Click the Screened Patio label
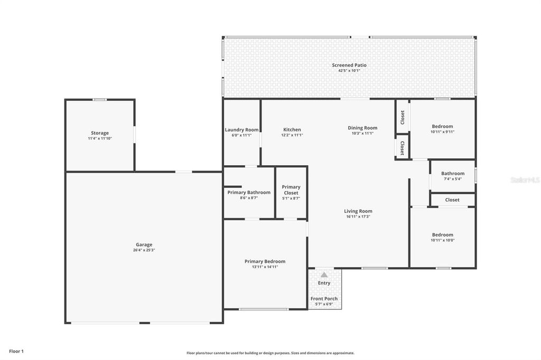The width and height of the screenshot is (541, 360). tap(349, 65)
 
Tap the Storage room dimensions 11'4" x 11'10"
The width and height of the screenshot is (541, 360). tap(100, 139)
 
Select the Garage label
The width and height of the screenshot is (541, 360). tap(144, 244)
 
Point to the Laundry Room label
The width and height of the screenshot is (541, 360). tap(241, 130)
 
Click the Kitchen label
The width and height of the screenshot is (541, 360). tap(292, 130)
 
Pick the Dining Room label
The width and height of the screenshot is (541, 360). tap(362, 128)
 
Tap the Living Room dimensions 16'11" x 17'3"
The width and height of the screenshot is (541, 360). tap(358, 217)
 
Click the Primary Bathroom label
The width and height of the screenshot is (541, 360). tap(249, 193)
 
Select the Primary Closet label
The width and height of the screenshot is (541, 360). tap(291, 190)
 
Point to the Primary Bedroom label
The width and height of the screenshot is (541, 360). tap(265, 261)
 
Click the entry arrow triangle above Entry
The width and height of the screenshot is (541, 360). tap(324, 274)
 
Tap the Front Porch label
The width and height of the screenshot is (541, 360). tap(324, 299)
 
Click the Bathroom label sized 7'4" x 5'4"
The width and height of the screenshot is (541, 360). tap(453, 174)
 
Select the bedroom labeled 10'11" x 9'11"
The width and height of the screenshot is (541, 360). tap(442, 127)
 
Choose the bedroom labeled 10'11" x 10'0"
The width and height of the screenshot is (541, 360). tap(442, 235)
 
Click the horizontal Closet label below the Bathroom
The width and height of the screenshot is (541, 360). tap(452, 200)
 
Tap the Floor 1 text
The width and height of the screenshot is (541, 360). tap(16, 351)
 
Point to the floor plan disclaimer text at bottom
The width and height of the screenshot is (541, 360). tap(270, 353)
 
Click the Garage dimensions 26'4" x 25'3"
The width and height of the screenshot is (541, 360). tap(144, 250)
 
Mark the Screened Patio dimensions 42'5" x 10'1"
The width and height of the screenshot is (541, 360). tap(349, 71)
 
